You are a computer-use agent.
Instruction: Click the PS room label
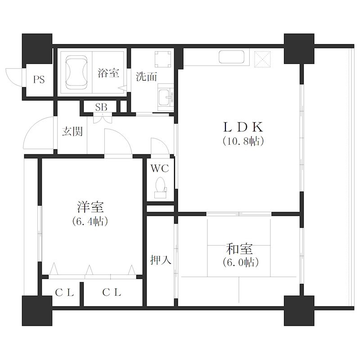pos(39,80)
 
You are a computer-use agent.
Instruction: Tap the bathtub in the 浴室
pos(76,72)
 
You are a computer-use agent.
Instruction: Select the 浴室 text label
pos(108,73)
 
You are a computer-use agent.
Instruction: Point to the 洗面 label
pos(146,76)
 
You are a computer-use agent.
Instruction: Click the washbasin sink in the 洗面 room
pos(166,97)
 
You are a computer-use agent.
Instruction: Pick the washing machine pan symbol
pos(163,59)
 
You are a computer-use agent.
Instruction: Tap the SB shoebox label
pos(101,107)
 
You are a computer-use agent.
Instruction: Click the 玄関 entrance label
pos(72,131)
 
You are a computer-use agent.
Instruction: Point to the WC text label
pos(160,168)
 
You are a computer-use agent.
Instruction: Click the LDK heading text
pos(243,127)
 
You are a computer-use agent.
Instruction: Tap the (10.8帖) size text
pos(243,141)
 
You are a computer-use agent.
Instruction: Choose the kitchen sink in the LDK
pos(231,57)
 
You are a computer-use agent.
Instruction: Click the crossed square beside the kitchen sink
pos(262,59)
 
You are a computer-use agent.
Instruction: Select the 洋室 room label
pos(90,207)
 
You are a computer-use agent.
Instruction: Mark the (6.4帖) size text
pos(90,221)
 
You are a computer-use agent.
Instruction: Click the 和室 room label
pos(239,249)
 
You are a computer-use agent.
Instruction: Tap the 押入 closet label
pos(161,260)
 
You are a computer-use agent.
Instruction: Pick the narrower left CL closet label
pos(64,292)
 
